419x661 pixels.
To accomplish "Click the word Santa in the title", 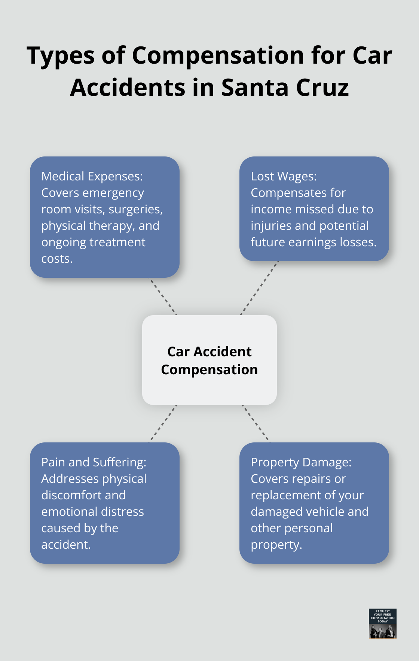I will [x=255, y=88].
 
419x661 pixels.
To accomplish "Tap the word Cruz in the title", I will [x=322, y=88].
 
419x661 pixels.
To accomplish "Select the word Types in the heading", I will [x=61, y=55].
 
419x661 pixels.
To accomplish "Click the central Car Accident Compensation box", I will [x=209, y=360].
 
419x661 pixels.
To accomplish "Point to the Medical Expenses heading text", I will [x=92, y=176].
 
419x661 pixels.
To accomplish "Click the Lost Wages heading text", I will [x=284, y=176].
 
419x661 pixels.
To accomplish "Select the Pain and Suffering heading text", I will [x=94, y=462].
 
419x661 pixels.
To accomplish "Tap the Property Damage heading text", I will [x=301, y=462].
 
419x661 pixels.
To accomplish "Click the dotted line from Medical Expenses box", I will [x=163, y=296].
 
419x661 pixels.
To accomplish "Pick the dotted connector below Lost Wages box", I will [x=259, y=288].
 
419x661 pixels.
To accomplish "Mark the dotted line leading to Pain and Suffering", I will [x=163, y=424].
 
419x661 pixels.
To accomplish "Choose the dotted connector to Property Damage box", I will [x=256, y=424].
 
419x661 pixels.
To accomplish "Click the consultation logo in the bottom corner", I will [x=382, y=623].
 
